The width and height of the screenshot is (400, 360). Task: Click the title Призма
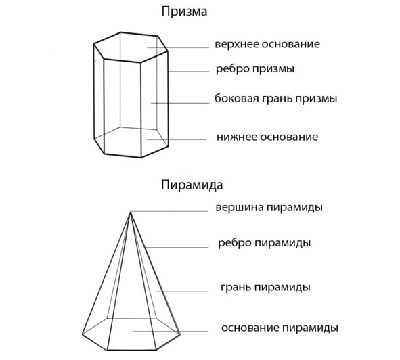tap(184, 12)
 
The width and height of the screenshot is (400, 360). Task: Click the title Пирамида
tap(192, 185)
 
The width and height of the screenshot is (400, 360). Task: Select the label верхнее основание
tap(267, 44)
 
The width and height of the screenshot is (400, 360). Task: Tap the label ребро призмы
tap(255, 69)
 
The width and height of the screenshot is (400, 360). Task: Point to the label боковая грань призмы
tap(275, 99)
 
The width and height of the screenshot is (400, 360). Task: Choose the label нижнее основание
tap(267, 137)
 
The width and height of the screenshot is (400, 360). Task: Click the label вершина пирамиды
tap(269, 208)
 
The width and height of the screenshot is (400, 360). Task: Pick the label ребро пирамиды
tap(264, 243)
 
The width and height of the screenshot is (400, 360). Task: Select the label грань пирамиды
tap(265, 288)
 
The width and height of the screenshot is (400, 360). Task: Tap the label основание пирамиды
tap(280, 328)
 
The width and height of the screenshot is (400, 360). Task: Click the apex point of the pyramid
tap(131, 212)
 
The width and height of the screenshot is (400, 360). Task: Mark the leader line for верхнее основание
tap(178, 47)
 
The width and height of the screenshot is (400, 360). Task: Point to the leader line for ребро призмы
tap(189, 72)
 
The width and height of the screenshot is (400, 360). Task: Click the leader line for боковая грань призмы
tap(180, 103)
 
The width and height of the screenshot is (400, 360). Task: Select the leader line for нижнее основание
tap(177, 139)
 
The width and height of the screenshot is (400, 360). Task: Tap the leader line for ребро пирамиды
tap(177, 247)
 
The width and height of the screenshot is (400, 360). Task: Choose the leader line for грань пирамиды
tap(182, 292)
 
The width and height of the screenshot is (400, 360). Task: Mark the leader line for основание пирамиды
tap(171, 331)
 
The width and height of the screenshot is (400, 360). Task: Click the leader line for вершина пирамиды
tap(170, 211)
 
